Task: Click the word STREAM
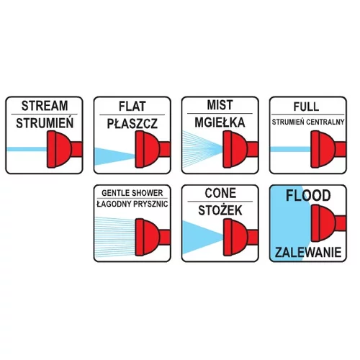pyautogui.click(x=45, y=106)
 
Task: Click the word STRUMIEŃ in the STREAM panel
pyautogui.click(x=45, y=123)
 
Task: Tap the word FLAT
pyautogui.click(x=132, y=107)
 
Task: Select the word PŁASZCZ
pyautogui.click(x=132, y=124)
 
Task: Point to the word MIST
pyautogui.click(x=220, y=105)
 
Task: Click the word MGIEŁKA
pyautogui.click(x=220, y=122)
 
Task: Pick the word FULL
pyautogui.click(x=306, y=107)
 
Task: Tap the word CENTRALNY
pyautogui.click(x=325, y=122)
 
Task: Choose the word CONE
pyautogui.click(x=220, y=193)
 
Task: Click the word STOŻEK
pyautogui.click(x=220, y=210)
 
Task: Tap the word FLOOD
pyautogui.click(x=308, y=195)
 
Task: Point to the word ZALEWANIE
pyautogui.click(x=308, y=252)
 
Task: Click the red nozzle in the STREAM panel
pyautogui.click(x=64, y=149)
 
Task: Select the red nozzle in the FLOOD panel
pyautogui.click(x=328, y=223)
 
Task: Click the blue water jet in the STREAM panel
pyautogui.click(x=27, y=149)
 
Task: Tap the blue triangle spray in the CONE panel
pyautogui.click(x=202, y=237)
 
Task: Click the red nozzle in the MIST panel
pyautogui.click(x=240, y=149)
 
